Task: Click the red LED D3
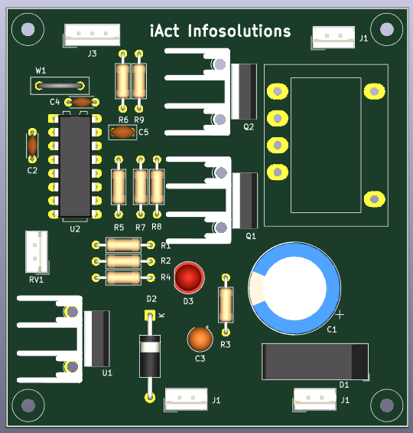189,277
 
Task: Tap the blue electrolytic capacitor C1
294,288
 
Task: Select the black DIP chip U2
75,166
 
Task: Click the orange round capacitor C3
200,339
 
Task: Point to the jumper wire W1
60,86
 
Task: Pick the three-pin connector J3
92,34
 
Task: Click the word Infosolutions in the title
239,31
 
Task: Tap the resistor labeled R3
226,304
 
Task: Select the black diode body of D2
150,356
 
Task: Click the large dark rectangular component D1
315,362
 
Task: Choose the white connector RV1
37,251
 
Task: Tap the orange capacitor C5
122,133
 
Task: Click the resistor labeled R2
123,261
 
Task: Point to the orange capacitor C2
32,146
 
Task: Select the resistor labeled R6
122,81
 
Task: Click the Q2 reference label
249,127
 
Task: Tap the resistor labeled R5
119,187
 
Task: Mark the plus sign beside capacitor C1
340,314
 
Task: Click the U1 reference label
107,373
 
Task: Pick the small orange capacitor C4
82,103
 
